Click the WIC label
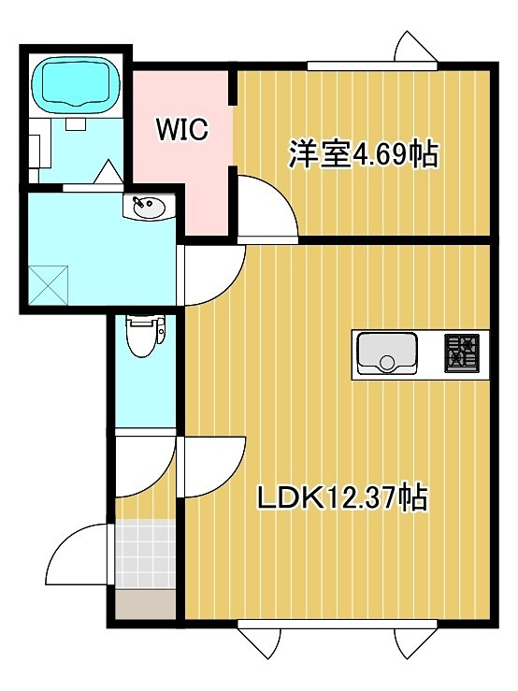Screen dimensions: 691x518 click(x=180, y=128)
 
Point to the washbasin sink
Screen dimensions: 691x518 click(x=147, y=207)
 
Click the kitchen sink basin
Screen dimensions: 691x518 click(x=386, y=353)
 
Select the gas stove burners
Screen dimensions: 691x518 click(x=461, y=353)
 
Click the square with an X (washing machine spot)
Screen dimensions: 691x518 click(x=50, y=285)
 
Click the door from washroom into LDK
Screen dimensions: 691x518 click(x=211, y=275)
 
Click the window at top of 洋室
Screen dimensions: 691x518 click(x=372, y=65)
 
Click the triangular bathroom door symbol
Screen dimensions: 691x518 click(x=108, y=173)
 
